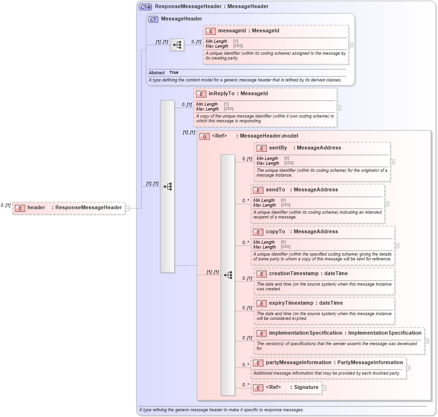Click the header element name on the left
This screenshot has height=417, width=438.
point(36,208)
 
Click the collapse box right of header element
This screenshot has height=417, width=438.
point(127,208)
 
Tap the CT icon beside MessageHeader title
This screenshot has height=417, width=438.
point(153,19)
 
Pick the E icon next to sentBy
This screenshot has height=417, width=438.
point(261,148)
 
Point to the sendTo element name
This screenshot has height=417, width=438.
point(275,190)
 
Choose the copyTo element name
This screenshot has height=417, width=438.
point(275,232)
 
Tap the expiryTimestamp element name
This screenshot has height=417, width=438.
point(291,303)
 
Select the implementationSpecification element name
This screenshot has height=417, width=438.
point(305,333)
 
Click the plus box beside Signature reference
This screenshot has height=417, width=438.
point(324,387)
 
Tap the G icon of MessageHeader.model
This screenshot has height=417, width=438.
point(204,136)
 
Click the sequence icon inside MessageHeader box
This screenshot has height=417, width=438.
point(177,45)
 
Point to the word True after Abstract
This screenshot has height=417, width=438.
point(174,73)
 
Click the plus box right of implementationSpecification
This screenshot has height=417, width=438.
point(427,341)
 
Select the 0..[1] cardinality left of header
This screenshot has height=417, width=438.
point(6,205)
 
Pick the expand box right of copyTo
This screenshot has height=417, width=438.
point(397,246)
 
